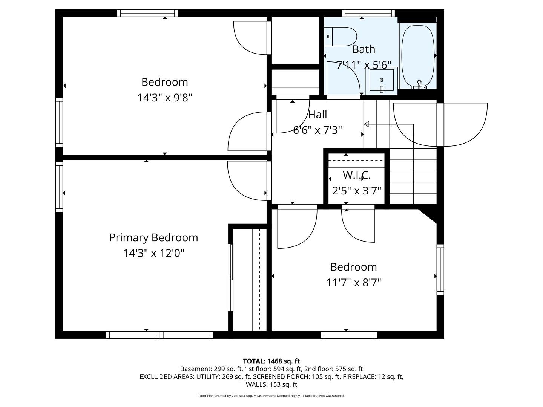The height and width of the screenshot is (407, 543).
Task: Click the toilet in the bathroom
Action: tap(340, 37)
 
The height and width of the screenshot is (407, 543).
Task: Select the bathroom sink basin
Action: tap(382, 80)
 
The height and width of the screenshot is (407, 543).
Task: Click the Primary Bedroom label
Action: tap(153, 237)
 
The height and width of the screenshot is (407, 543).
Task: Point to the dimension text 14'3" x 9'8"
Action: tap(165, 98)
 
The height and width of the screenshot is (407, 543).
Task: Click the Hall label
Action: tap(318, 115)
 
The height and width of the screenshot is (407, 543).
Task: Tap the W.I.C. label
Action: tap(356, 175)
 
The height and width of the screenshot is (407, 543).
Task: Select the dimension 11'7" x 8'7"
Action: tap(353, 282)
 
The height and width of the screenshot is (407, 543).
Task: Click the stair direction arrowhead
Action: tap(367, 124)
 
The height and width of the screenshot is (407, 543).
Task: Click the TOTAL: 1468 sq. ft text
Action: tap(271, 361)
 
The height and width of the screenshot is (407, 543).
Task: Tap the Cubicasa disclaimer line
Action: tap(271, 396)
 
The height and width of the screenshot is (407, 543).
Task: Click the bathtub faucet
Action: tap(419, 84)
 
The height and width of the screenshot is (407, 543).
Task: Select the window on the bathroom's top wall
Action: tap(368, 13)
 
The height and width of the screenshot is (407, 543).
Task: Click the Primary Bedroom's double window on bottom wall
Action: tap(160, 335)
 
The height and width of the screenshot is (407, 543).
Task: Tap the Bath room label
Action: tap(364, 49)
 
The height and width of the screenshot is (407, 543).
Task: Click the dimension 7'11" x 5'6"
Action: tap(364, 65)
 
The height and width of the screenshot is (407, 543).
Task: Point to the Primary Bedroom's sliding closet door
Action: tap(231, 277)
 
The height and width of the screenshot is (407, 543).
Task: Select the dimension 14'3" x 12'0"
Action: tap(153, 253)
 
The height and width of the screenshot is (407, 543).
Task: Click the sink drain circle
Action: tap(382, 80)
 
